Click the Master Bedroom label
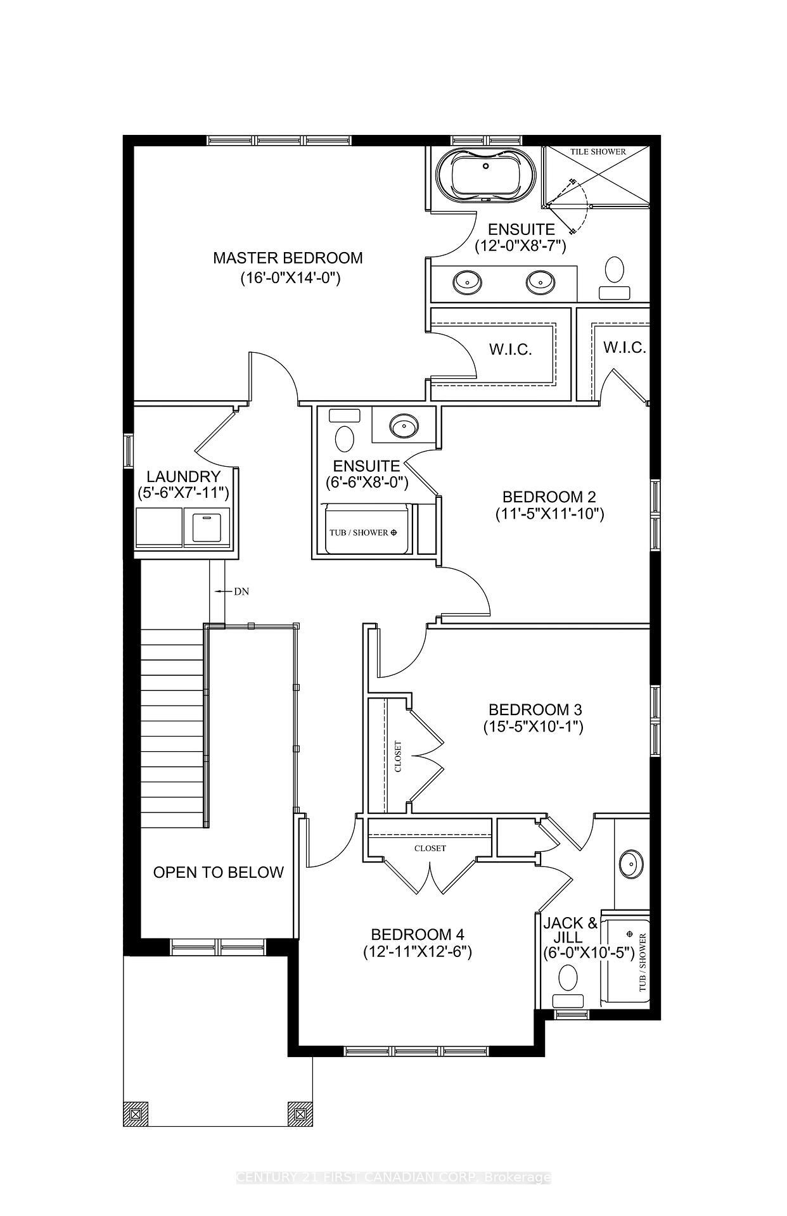point(288,258)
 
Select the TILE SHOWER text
point(598,151)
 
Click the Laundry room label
point(183,476)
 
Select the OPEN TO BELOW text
point(218,872)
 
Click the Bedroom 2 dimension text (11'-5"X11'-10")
point(549,514)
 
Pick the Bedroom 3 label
point(533,709)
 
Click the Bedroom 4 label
point(418,934)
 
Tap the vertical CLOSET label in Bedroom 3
point(398,757)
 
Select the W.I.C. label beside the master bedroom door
point(510,350)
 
